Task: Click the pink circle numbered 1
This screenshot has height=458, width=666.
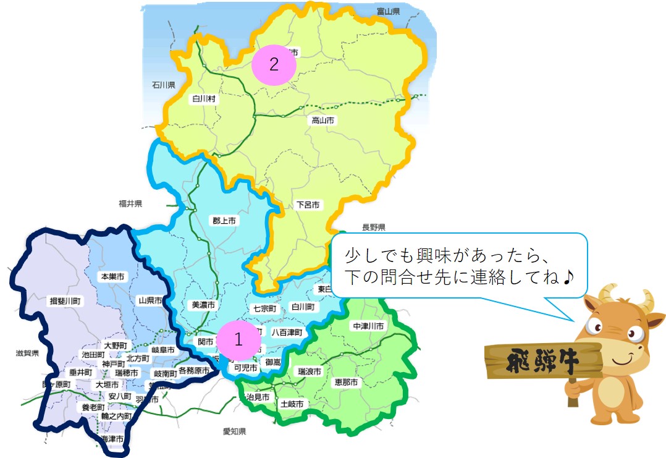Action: point(238,339)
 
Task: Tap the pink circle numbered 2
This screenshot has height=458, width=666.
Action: point(274,64)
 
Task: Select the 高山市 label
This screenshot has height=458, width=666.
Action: point(322,121)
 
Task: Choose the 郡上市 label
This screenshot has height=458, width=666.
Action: point(224,220)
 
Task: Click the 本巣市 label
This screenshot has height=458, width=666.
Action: point(112,277)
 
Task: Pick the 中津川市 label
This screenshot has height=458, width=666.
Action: point(368,326)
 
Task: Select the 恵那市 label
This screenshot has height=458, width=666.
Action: point(346,383)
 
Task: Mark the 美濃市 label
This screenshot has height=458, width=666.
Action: point(203,305)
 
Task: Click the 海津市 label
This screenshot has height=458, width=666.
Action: point(112,439)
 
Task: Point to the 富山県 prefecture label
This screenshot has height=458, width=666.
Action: point(388,11)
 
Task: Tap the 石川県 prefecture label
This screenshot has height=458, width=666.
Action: point(164,85)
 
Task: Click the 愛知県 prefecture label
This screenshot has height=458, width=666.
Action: point(235,431)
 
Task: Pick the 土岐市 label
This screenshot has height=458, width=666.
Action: point(292,404)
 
